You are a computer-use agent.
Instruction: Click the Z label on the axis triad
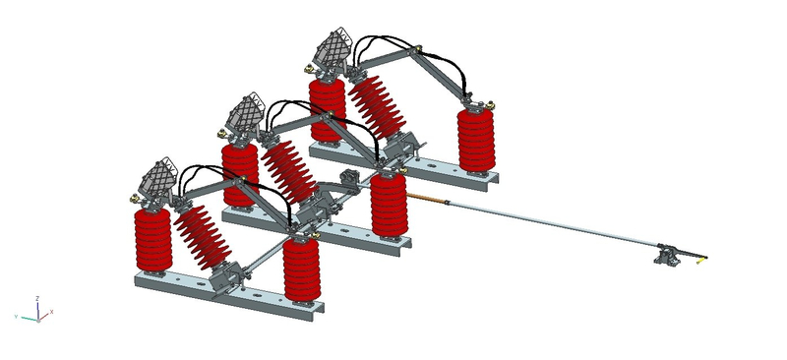[x=36, y=297]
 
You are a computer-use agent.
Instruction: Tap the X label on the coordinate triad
[x=51, y=312]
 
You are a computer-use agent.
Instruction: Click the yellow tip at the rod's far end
[x=702, y=260]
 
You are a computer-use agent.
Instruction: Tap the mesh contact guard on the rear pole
[x=332, y=50]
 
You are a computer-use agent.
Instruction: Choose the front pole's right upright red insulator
[x=301, y=266]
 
